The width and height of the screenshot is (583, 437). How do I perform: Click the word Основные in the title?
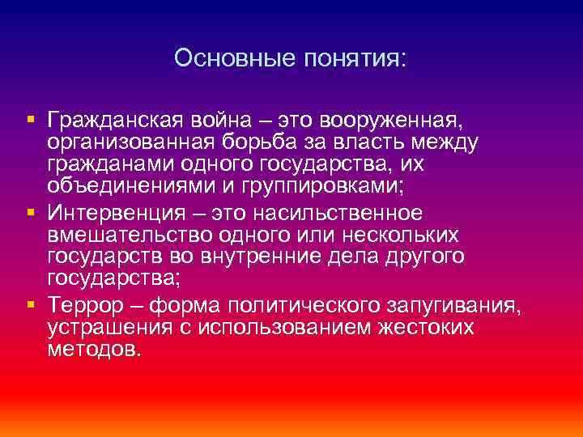(x=223, y=59)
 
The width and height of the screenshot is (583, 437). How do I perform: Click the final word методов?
(x=94, y=350)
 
